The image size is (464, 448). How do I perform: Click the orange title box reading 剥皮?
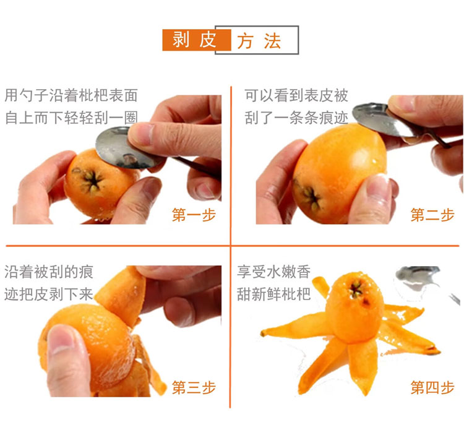[x=197, y=40]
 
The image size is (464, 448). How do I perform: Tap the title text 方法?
[x=259, y=41]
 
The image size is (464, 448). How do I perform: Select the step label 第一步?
[x=194, y=215]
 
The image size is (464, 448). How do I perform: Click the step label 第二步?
[x=432, y=215]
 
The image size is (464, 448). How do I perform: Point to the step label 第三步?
[x=194, y=387]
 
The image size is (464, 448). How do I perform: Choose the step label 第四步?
[x=432, y=387]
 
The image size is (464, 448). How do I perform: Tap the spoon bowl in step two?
[x=382, y=120]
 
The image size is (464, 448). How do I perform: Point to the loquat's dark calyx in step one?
[x=91, y=179]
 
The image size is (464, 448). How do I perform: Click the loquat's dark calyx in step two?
[x=310, y=197]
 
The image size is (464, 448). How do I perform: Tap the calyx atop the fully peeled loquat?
[x=356, y=290]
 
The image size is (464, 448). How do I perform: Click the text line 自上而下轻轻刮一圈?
[x=71, y=118]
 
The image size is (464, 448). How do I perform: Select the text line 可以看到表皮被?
[x=296, y=95]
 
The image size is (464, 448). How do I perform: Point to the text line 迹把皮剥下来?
[x=49, y=294]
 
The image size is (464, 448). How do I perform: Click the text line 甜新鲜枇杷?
[x=273, y=294]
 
